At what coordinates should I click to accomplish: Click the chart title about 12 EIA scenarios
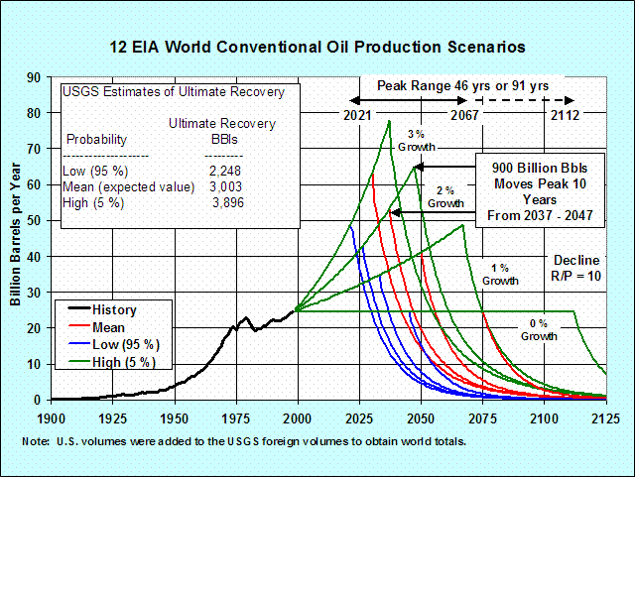[317, 47]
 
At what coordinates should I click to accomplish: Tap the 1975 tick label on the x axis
[235, 418]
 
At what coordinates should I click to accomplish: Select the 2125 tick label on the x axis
[605, 418]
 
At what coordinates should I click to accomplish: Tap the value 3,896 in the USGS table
[227, 202]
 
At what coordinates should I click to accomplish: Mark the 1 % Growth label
[500, 275]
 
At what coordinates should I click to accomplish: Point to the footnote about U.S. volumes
[244, 441]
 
